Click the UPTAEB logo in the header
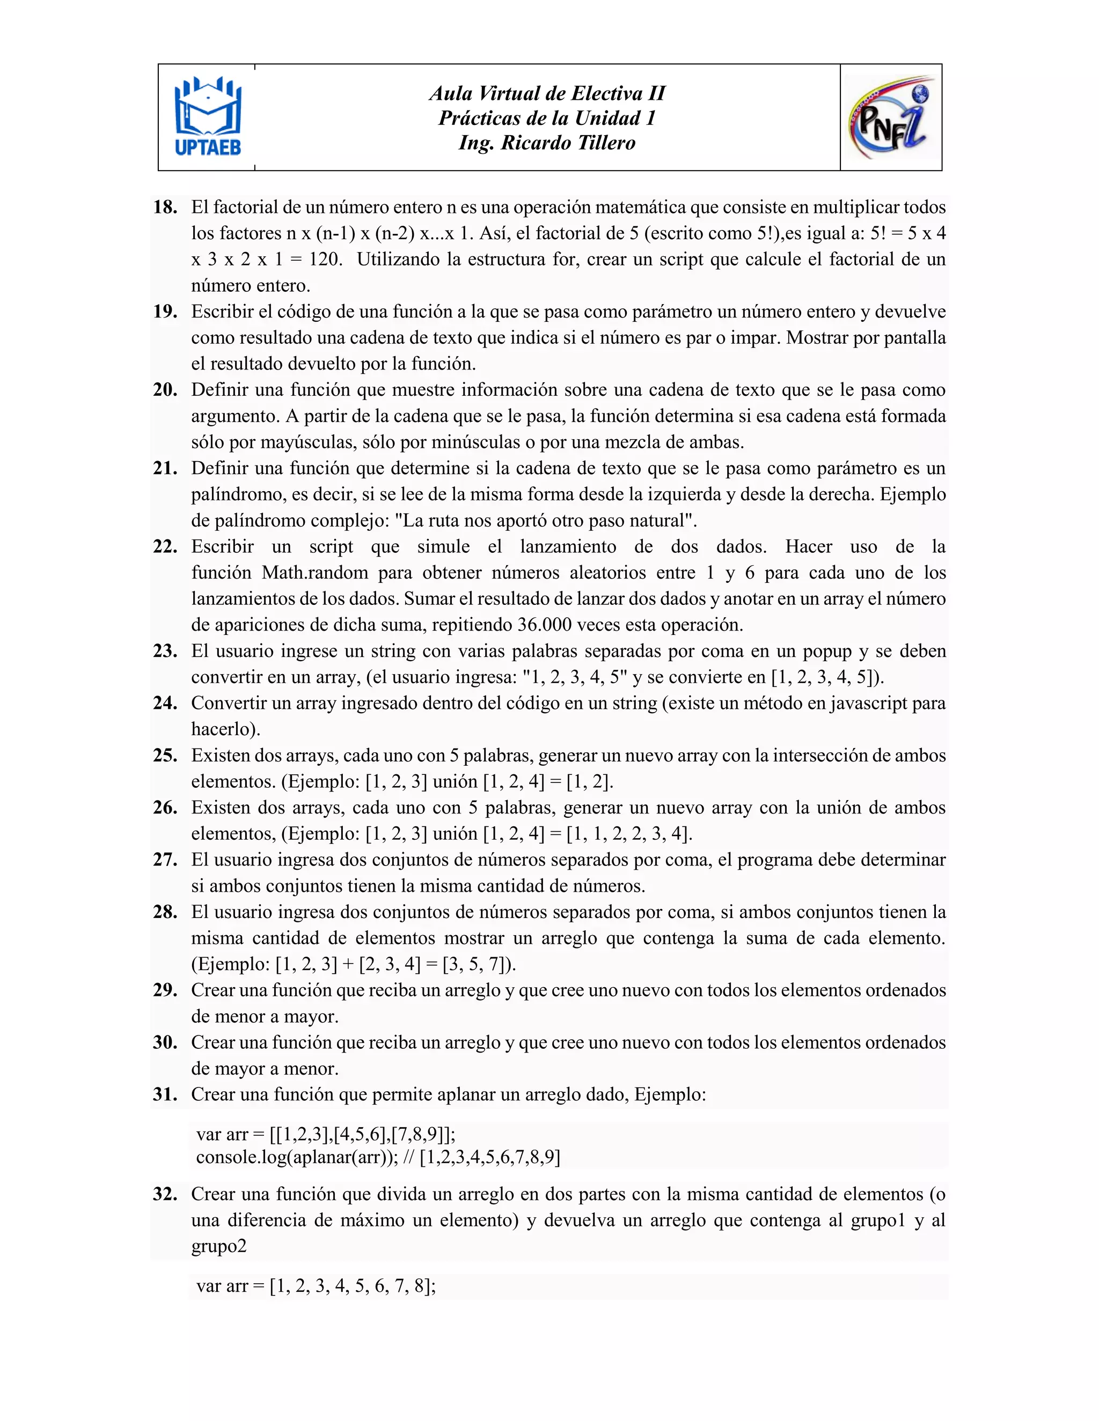click(208, 117)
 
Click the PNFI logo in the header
click(891, 117)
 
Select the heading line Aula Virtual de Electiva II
click(547, 94)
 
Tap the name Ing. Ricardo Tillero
click(547, 143)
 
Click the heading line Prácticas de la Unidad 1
click(547, 119)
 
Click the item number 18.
click(165, 208)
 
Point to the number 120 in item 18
click(324, 260)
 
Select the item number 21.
click(165, 469)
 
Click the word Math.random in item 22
click(315, 573)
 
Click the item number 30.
click(165, 1042)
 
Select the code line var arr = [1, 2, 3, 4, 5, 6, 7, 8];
click(316, 1286)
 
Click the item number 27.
click(165, 860)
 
